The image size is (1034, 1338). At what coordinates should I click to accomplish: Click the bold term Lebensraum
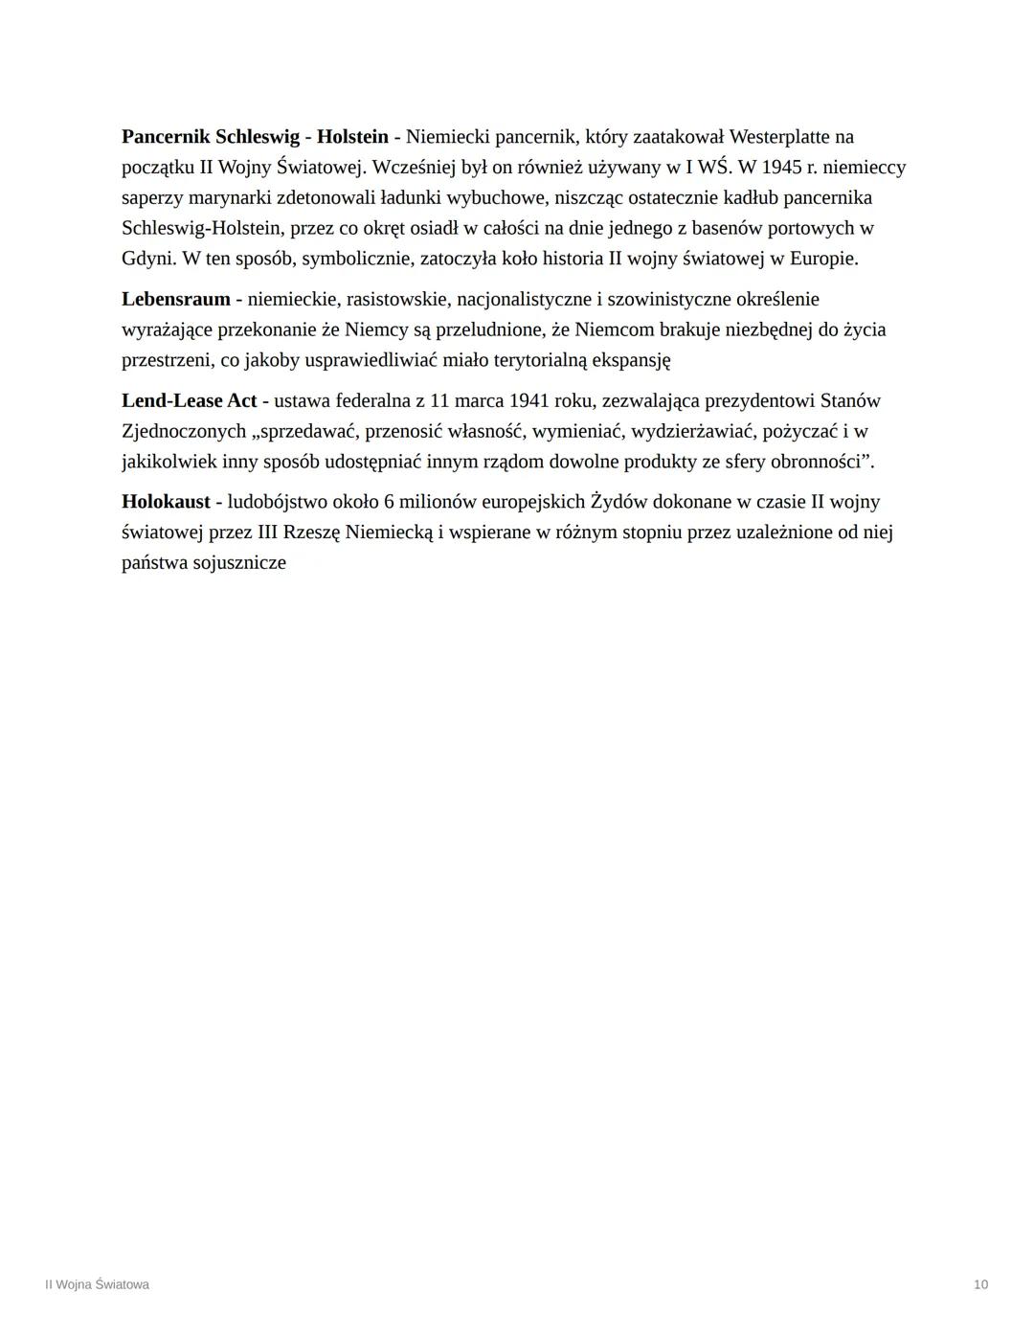tap(175, 299)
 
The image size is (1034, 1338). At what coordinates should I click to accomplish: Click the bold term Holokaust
tap(166, 502)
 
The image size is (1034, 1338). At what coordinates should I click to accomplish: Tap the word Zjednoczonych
tap(183, 431)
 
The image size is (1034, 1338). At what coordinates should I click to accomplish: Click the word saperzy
tap(152, 198)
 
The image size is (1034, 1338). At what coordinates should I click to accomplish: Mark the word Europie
tap(822, 259)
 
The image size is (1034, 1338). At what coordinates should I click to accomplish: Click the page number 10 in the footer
tap(980, 1284)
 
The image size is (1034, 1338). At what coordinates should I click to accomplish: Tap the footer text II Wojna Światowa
tap(97, 1284)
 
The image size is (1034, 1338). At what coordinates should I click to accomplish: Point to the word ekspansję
tap(632, 360)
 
